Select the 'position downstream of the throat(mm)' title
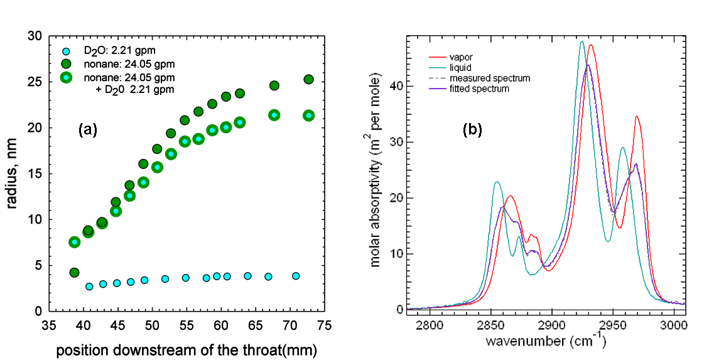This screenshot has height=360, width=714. tap(186, 349)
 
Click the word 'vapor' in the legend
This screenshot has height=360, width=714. tap(461, 57)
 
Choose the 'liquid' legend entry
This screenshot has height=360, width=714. tap(460, 67)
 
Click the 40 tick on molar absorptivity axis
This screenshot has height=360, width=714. tap(392, 85)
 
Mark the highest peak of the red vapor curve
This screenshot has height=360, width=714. tap(590, 45)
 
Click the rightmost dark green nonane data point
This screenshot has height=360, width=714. tap(308, 80)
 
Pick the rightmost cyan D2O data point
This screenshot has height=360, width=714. tap(296, 276)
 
